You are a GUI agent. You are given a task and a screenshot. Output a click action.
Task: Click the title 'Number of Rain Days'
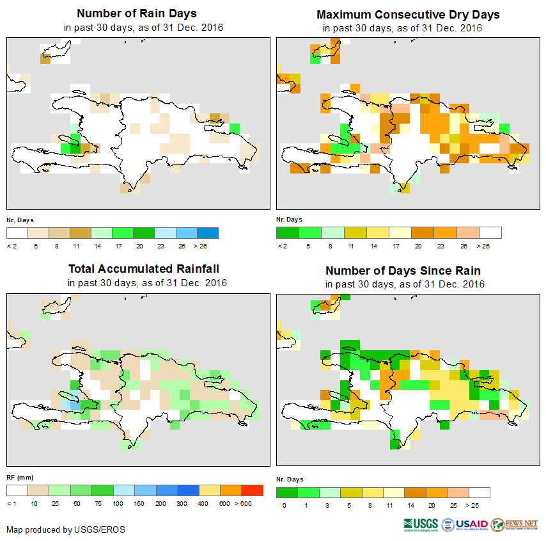[x=137, y=13]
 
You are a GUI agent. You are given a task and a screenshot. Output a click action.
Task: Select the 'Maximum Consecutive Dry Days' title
[x=408, y=14]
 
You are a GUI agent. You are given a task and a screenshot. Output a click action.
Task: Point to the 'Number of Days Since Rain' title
[x=403, y=270]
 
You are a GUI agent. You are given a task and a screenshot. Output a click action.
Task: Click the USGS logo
[x=420, y=524]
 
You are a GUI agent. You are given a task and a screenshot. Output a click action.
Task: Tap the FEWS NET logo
[x=515, y=524]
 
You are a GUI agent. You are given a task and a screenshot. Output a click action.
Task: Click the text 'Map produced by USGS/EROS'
[x=66, y=529]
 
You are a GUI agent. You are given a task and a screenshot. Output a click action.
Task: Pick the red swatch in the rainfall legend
[x=252, y=490]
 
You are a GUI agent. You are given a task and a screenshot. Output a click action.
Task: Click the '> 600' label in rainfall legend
[x=254, y=504]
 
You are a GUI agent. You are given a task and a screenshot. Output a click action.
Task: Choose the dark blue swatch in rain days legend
[x=208, y=232]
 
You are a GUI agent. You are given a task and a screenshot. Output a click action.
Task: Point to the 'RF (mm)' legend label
[x=19, y=478]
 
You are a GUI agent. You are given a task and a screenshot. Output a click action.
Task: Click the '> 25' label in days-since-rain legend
[x=480, y=505]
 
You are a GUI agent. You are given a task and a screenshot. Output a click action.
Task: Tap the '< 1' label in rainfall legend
[x=12, y=504]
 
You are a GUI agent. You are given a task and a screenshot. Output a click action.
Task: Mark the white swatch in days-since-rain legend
[x=480, y=492]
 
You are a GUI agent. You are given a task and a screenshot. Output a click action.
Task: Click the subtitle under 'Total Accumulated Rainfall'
[x=147, y=283]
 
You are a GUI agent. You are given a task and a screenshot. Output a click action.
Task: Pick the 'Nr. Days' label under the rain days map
[x=20, y=220]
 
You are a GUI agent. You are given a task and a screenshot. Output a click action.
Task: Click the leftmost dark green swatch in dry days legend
[x=286, y=232]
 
